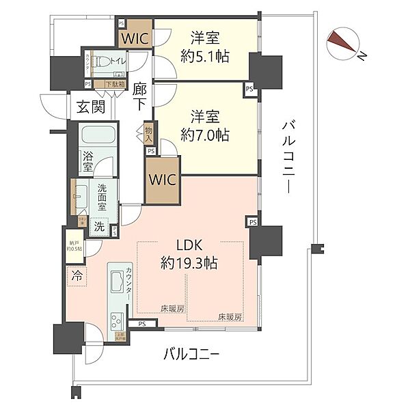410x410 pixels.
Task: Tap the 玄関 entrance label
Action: pos(90,107)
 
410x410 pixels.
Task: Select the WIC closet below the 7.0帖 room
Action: pos(163,181)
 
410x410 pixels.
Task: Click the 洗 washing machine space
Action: pos(99,226)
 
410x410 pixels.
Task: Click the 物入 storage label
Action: pos(149,133)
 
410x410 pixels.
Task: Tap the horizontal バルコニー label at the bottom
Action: pos(191,355)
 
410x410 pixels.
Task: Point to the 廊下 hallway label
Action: pos(140,96)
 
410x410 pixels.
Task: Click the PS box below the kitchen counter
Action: pos(141,324)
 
